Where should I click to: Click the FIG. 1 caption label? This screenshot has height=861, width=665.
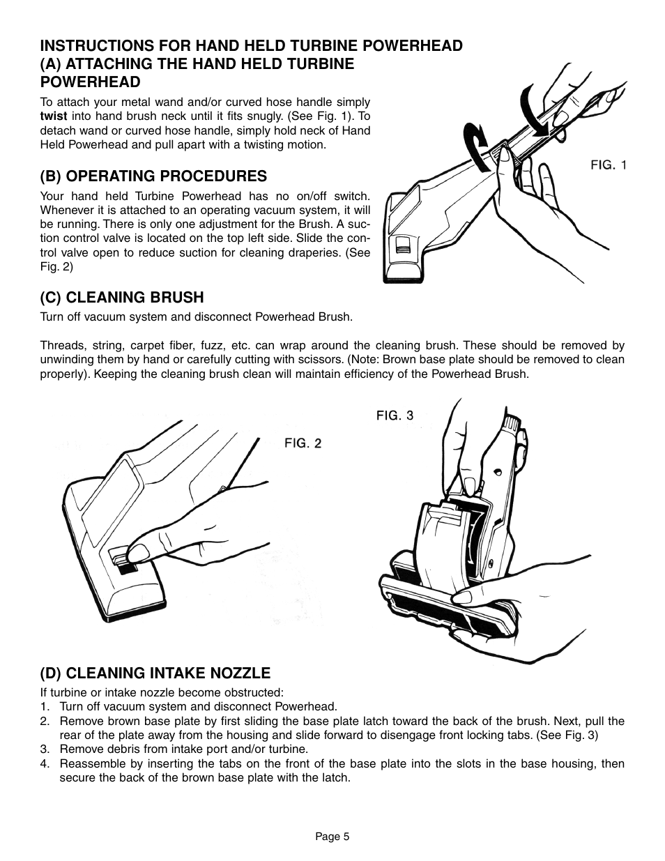pyautogui.click(x=609, y=165)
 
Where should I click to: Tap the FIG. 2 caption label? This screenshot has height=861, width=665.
pyautogui.click(x=303, y=443)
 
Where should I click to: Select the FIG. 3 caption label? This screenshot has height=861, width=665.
pyautogui.click(x=395, y=416)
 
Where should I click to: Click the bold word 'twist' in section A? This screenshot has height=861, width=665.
pyautogui.click(x=53, y=116)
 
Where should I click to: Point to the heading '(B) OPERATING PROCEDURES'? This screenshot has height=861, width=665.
pyautogui.click(x=153, y=176)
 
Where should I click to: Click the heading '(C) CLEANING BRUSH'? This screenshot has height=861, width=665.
pyautogui.click(x=122, y=298)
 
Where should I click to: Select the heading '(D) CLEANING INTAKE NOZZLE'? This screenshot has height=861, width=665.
pyautogui.click(x=155, y=673)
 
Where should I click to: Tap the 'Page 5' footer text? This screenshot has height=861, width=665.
pyautogui.click(x=332, y=837)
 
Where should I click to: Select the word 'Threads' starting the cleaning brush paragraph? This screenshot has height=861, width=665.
pyautogui.click(x=60, y=346)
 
